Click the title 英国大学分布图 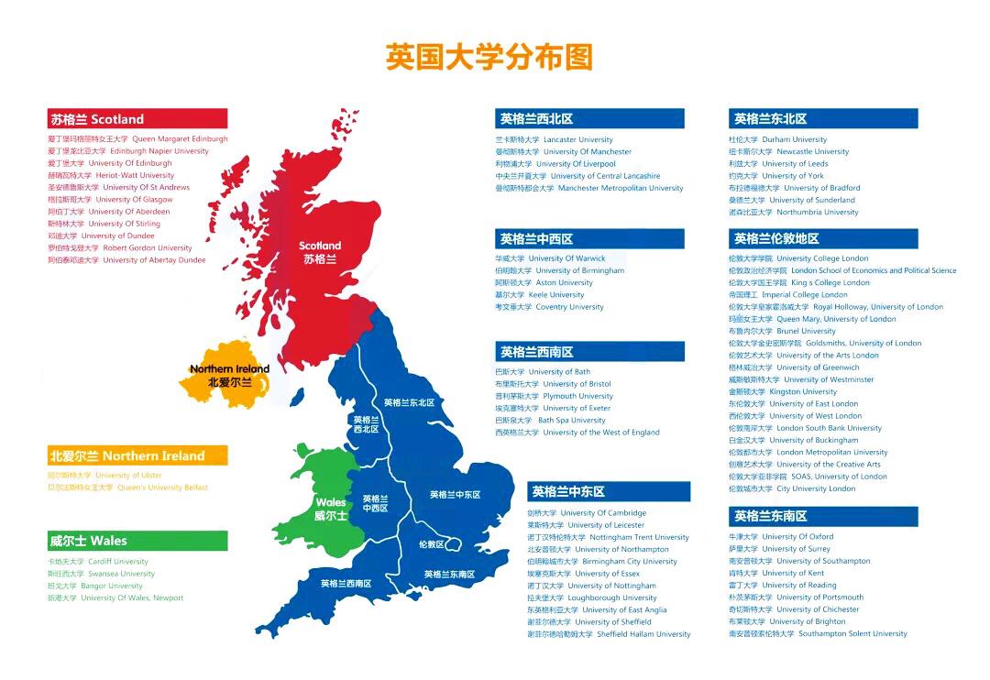pyautogui.click(x=489, y=57)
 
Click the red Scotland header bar pyautogui.click(x=137, y=119)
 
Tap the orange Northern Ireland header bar pyautogui.click(x=137, y=455)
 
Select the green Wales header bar pyautogui.click(x=137, y=541)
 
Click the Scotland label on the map pyautogui.click(x=320, y=252)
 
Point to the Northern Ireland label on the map pyautogui.click(x=229, y=376)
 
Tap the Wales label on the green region pyautogui.click(x=331, y=509)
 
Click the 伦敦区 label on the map pyautogui.click(x=431, y=544)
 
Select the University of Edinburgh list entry pyautogui.click(x=110, y=163)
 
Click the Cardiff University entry pyautogui.click(x=98, y=562)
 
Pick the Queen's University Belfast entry pyautogui.click(x=127, y=488)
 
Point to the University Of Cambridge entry pyautogui.click(x=587, y=513)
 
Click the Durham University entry pyautogui.click(x=777, y=140)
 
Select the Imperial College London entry pyautogui.click(x=787, y=295)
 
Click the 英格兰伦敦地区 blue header pyautogui.click(x=822, y=238)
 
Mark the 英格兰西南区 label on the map pyautogui.click(x=346, y=583)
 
